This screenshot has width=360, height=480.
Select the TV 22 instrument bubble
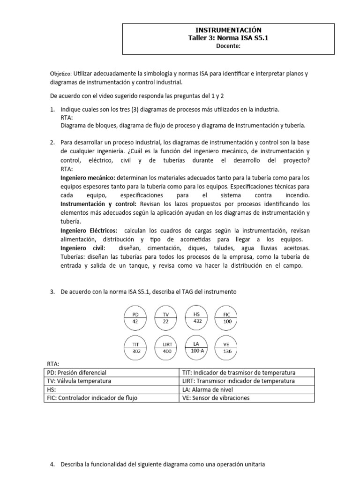[x=165, y=317]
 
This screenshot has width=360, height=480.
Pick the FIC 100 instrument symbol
[x=227, y=317]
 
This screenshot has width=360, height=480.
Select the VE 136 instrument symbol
[x=227, y=348]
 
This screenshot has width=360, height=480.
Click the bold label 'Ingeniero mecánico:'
[x=88, y=178]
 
